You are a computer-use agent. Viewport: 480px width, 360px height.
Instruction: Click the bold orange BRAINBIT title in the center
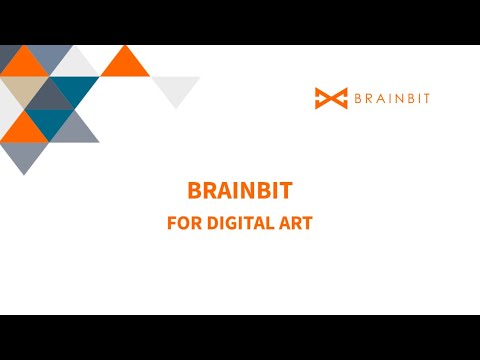click(x=240, y=191)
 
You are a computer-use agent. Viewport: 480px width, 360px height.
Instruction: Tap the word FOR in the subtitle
click(x=182, y=223)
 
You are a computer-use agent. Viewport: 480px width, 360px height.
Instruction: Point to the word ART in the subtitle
click(x=297, y=223)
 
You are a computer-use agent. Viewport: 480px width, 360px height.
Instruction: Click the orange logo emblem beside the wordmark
click(x=331, y=98)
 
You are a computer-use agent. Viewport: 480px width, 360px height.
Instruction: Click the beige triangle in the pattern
click(x=23, y=95)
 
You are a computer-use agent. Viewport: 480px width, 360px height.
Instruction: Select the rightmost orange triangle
click(x=125, y=64)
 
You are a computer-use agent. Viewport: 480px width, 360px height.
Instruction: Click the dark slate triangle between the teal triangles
click(x=50, y=97)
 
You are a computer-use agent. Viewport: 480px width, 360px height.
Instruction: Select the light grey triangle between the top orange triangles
click(x=74, y=64)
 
